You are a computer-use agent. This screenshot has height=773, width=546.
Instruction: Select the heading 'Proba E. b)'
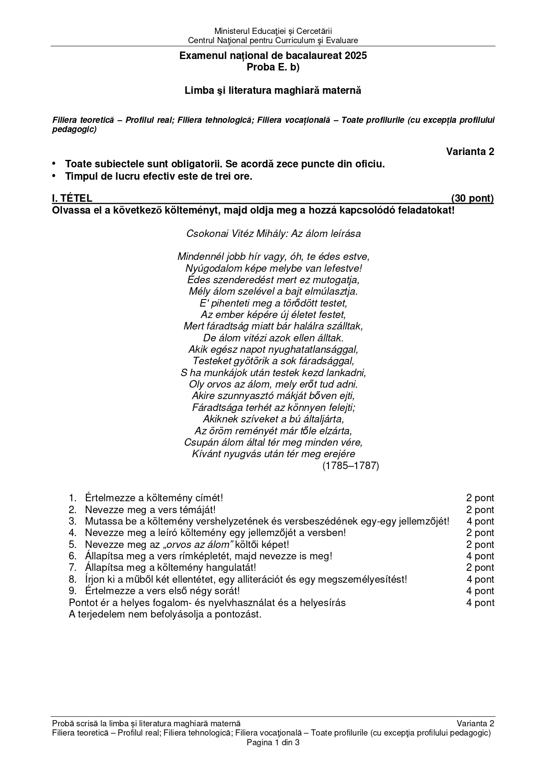coord(273,67)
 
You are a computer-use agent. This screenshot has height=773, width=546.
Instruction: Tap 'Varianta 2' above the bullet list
coord(470,152)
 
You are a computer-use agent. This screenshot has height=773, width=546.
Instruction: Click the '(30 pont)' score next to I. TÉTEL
coord(472,199)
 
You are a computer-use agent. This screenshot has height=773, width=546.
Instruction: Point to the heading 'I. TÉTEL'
coord(72,199)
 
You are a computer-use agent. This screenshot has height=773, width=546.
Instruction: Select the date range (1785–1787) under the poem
coord(350,466)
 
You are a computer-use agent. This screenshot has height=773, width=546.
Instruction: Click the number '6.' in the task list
coord(73,556)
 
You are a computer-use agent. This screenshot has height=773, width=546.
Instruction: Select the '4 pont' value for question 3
coord(480,521)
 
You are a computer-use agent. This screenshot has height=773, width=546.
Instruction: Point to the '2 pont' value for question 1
coord(480,498)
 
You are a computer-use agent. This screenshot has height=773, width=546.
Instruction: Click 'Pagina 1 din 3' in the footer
coord(273,743)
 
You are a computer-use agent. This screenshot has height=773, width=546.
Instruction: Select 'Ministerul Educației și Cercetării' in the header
coord(273,31)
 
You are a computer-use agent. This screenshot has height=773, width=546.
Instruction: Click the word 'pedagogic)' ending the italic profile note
coord(74,129)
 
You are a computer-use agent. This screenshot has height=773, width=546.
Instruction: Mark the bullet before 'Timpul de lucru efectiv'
coord(54,176)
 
